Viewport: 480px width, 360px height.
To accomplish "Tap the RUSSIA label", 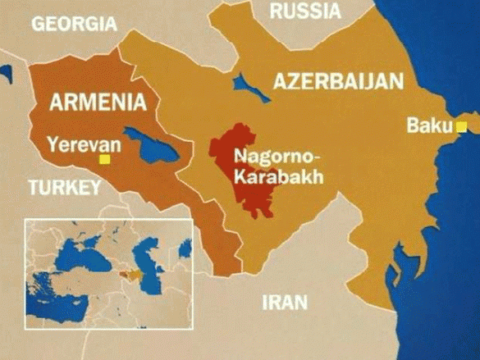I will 304,11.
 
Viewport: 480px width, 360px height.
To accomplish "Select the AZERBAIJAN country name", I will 338,81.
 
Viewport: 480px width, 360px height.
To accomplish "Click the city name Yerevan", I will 84,145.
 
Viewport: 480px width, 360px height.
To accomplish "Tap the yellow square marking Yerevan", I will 104,159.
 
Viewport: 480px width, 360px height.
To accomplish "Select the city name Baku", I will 430,126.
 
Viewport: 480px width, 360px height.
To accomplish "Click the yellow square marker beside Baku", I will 461,126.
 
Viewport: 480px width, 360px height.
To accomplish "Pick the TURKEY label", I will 64,188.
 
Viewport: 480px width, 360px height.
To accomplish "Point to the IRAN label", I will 285,301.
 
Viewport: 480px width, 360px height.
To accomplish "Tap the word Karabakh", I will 267,175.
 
